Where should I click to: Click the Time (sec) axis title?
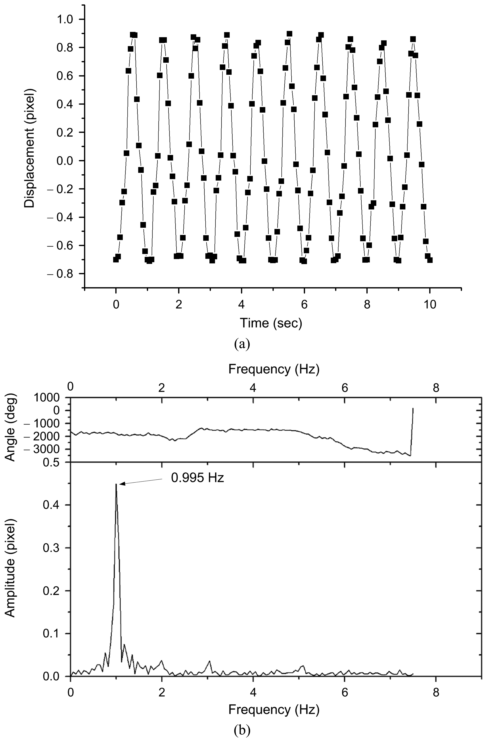(271, 323)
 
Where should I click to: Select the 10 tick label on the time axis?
(430, 305)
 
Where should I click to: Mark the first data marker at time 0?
(116, 259)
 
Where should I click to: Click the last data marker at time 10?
(430, 260)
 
